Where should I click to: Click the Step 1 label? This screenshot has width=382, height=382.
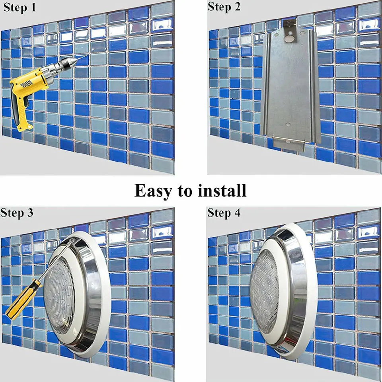pyautogui.click(x=19, y=7)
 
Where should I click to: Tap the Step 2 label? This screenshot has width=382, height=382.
pyautogui.click(x=224, y=7)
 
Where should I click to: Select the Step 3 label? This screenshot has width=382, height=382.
pyautogui.click(x=17, y=212)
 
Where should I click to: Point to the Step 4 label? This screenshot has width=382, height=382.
pyautogui.click(x=224, y=212)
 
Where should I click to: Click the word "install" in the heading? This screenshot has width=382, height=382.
pyautogui.click(x=222, y=191)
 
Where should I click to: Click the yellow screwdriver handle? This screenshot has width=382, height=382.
pyautogui.click(x=23, y=300)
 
